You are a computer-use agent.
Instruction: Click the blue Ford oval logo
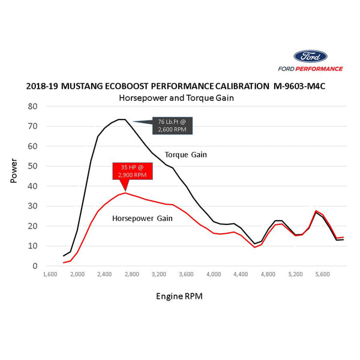[310, 57]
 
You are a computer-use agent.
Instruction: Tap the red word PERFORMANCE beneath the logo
[324, 69]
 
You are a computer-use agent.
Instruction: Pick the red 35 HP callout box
[131, 171]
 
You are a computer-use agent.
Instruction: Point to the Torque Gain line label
[186, 155]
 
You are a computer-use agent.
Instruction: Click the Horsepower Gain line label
[143, 218]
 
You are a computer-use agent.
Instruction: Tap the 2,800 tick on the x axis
[131, 274]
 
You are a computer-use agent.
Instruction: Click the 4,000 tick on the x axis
[213, 274]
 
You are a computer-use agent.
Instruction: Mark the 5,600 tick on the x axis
[322, 274]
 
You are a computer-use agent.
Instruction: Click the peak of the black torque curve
[121, 119]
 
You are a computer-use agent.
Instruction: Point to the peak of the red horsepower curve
[125, 193]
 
